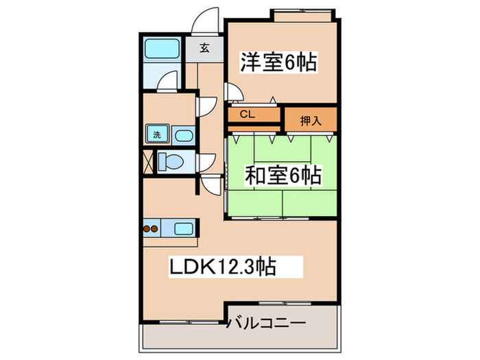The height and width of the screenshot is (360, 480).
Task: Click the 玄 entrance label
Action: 204,48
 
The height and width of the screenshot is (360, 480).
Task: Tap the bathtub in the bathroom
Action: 163,50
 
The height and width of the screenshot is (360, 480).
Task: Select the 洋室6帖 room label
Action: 277,63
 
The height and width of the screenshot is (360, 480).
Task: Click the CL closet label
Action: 248,115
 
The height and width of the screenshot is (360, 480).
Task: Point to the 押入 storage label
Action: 311,121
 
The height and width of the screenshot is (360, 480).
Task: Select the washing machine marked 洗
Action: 157,135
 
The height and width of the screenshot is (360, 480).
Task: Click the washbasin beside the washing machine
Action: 182,135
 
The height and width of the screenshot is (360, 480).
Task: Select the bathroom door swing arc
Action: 165,84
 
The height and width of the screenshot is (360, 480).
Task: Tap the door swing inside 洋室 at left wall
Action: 233,91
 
